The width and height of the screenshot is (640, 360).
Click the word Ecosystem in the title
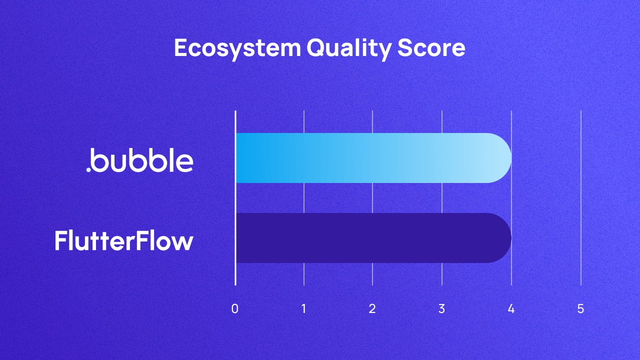237,48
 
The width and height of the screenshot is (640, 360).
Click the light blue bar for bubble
370,158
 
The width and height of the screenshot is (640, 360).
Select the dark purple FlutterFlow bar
370,238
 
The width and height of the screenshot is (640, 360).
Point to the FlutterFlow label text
123,241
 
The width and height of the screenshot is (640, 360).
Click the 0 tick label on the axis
235,309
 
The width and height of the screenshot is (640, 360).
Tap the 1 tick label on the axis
304,309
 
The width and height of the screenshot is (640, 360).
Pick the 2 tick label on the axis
372,309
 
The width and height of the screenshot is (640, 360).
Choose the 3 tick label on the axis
441,309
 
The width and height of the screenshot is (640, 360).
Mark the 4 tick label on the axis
511,309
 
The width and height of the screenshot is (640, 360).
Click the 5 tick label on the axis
580,309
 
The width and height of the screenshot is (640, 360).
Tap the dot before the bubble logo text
88,169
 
